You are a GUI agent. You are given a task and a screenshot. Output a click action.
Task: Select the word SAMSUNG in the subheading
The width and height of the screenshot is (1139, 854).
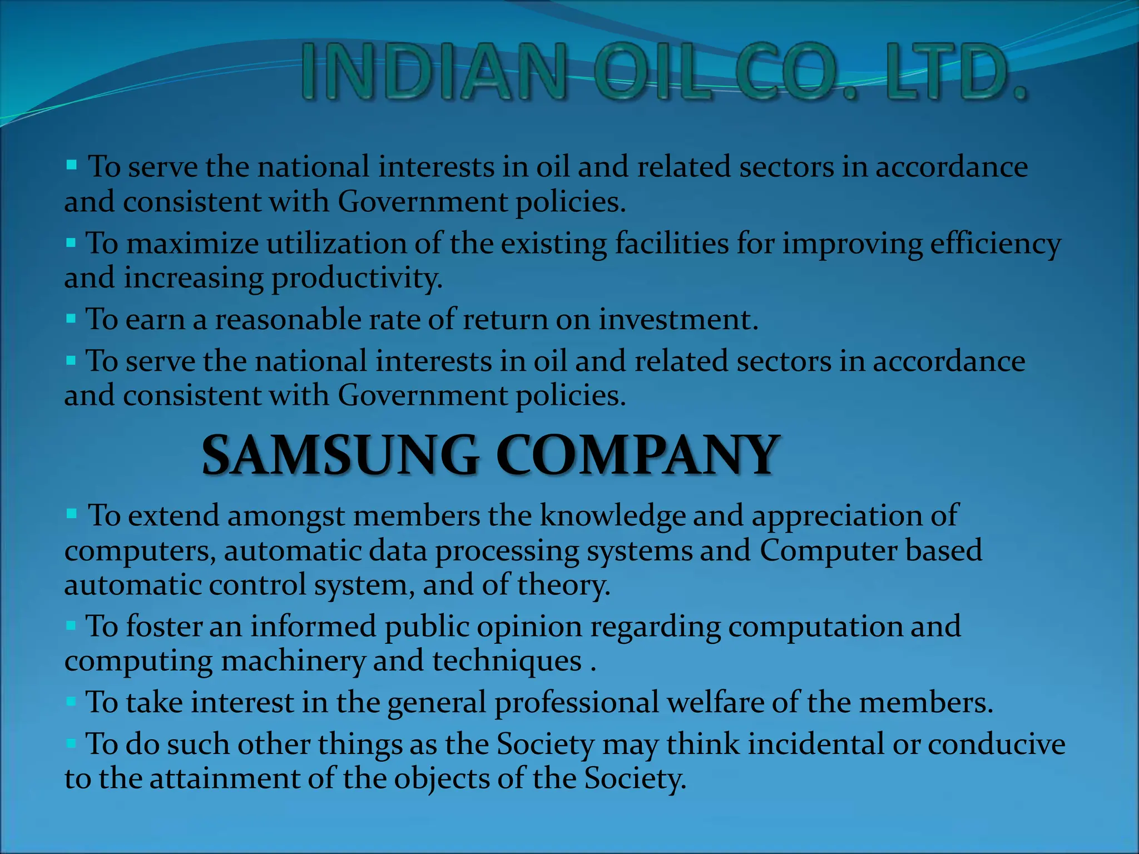coord(340,456)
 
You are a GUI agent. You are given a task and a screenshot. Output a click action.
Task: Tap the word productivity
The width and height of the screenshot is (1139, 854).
coord(356,278)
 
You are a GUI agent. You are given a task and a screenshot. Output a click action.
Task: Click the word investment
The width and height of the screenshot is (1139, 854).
coord(679,320)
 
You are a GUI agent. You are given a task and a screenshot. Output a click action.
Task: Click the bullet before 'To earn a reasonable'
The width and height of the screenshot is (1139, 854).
coord(71,319)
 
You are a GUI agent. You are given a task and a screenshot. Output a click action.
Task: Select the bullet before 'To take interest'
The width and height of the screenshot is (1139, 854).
coord(71,702)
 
